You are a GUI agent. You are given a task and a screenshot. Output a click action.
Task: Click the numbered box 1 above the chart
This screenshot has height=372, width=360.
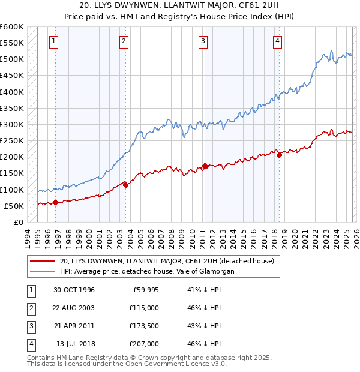(54, 41)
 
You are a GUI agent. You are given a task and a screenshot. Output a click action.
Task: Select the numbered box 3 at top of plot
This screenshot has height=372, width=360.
(203, 41)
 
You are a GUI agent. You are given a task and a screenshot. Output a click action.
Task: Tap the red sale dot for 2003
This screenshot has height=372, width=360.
(125, 185)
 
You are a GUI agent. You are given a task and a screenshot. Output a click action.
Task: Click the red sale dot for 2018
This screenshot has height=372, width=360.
(279, 155)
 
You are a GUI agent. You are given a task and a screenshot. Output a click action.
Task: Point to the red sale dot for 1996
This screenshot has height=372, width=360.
(55, 202)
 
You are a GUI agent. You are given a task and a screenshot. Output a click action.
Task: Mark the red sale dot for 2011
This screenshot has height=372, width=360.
(205, 166)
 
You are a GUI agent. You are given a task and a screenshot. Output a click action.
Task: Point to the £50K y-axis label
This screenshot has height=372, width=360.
(14, 206)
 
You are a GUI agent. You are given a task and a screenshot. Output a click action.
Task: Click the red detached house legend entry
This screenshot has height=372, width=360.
(166, 261)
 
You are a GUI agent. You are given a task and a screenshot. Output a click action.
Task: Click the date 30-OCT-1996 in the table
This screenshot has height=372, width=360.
(74, 290)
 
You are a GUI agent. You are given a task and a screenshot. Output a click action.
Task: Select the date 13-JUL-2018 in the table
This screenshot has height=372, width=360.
(74, 344)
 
